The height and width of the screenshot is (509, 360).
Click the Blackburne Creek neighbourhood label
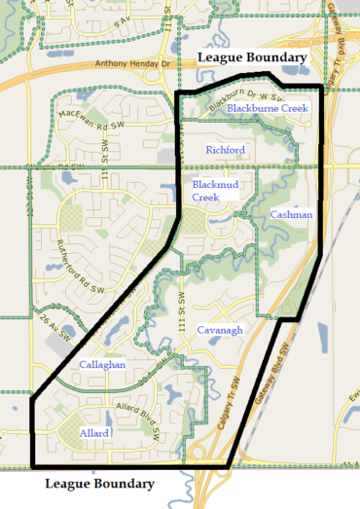click(268, 108)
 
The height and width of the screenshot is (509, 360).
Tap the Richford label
click(225, 150)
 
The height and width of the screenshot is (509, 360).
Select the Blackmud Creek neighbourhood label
click(211, 190)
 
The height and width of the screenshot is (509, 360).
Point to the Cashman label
click(292, 214)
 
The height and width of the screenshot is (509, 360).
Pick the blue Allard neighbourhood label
click(95, 431)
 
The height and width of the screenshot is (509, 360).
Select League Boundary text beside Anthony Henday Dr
click(252, 58)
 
